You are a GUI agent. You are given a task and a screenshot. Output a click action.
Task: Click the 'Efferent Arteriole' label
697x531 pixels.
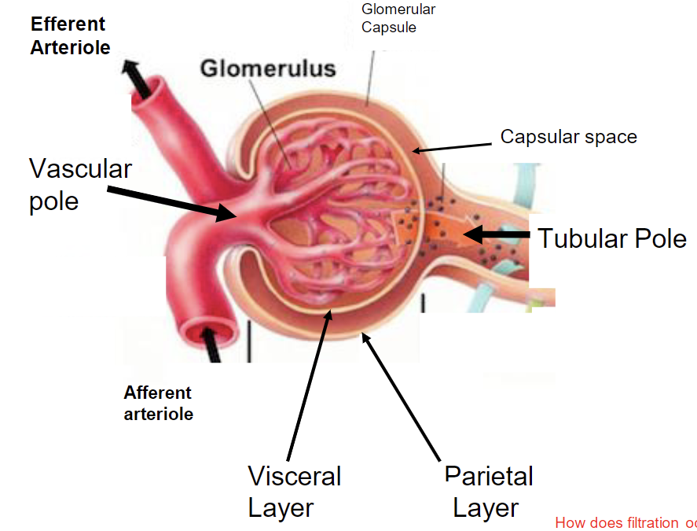(x=70, y=35)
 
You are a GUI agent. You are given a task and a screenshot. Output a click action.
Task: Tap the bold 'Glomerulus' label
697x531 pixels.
(x=268, y=68)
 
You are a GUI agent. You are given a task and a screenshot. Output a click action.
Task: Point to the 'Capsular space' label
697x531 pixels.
(x=568, y=137)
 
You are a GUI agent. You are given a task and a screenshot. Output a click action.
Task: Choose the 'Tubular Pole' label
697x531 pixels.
(x=612, y=238)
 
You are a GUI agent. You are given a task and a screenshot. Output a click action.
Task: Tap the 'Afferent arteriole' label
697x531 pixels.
(x=158, y=403)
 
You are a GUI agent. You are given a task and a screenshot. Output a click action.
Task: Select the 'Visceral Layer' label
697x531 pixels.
(x=294, y=491)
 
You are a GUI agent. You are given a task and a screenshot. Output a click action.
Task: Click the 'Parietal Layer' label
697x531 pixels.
(x=488, y=491)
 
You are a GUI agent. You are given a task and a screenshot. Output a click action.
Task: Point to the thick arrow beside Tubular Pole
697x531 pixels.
(x=497, y=234)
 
